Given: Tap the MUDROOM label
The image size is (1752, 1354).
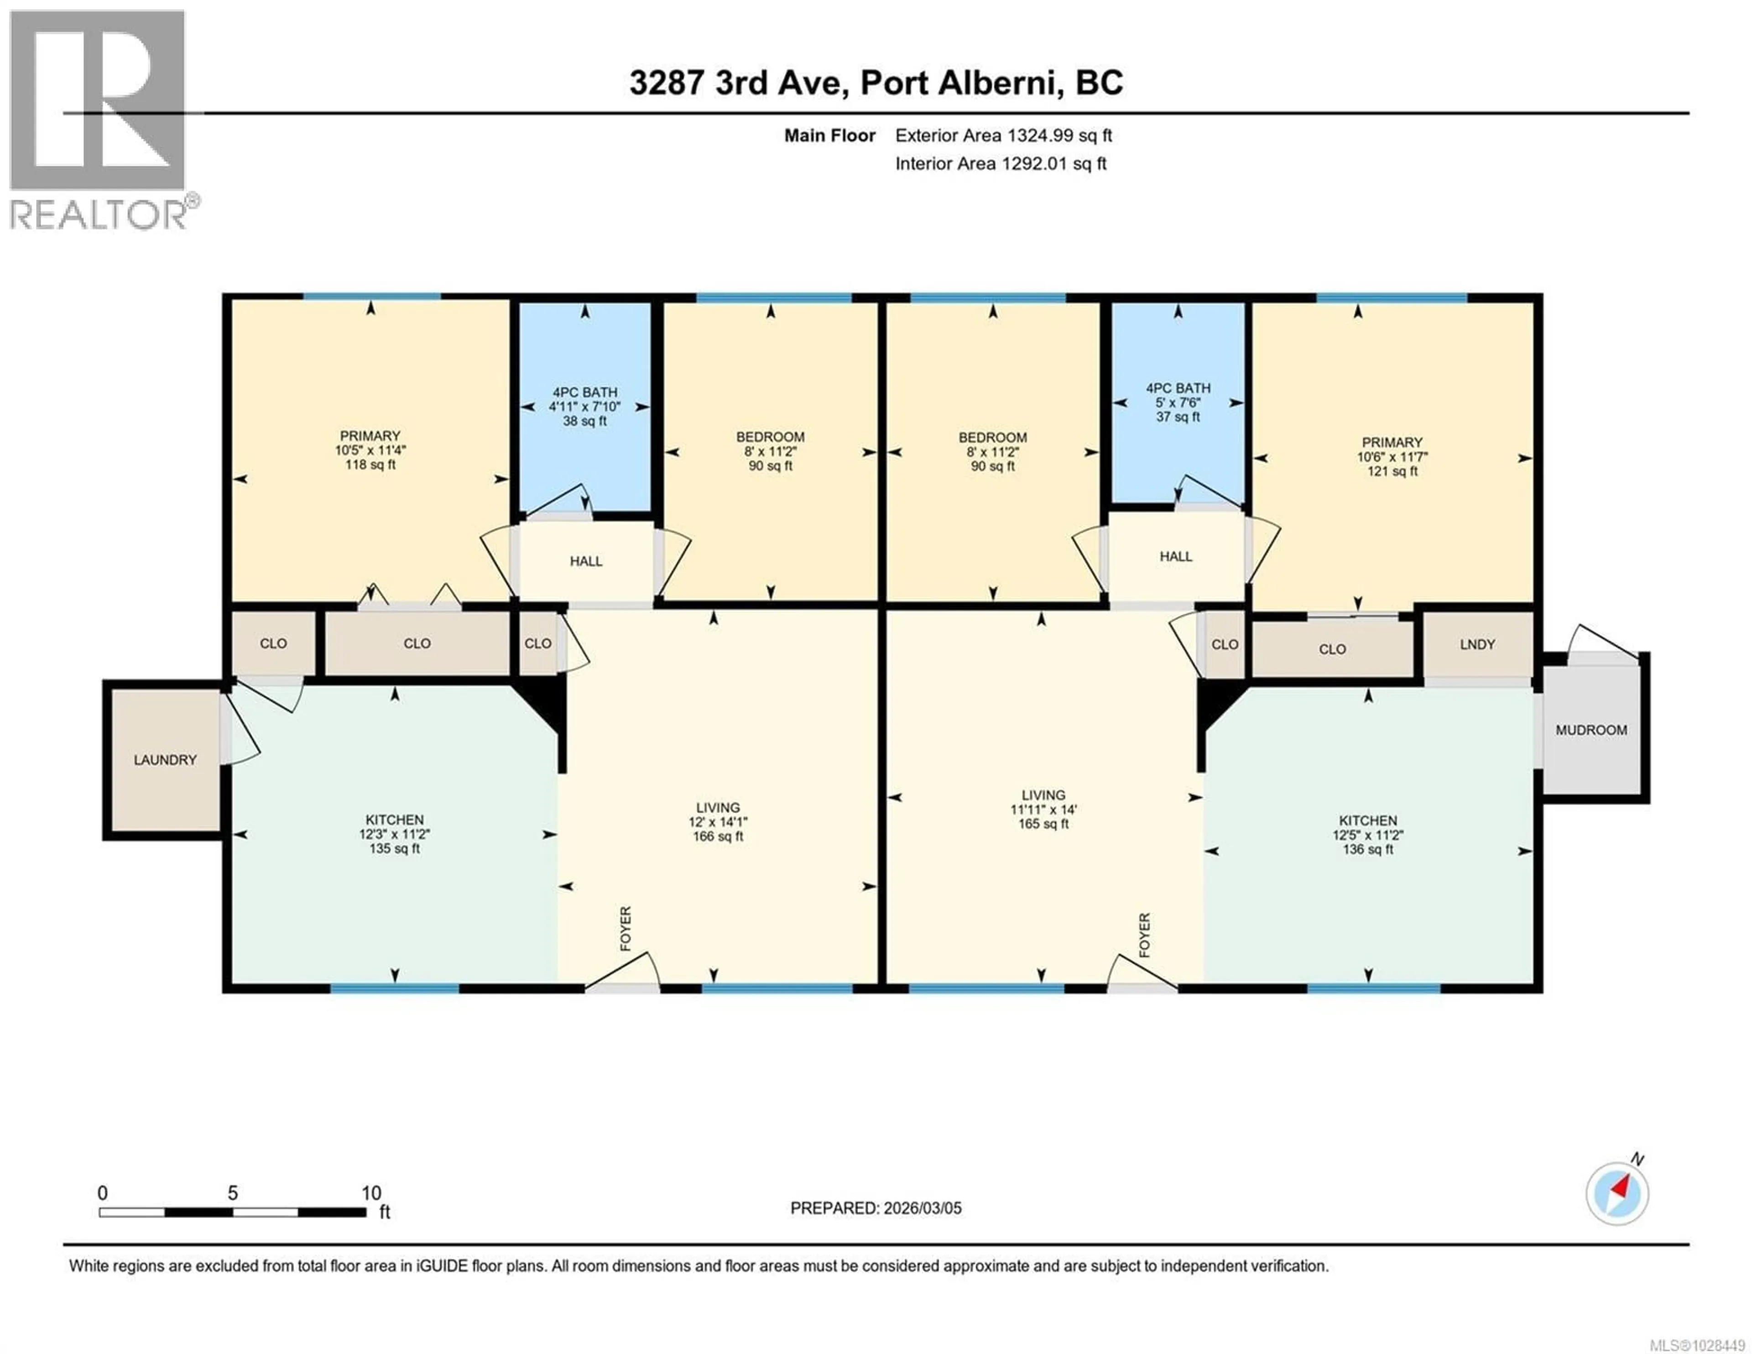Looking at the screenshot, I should point(1591,730).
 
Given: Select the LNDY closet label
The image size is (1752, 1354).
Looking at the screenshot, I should point(1477,644).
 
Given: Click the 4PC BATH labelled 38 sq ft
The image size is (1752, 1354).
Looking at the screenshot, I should point(585,406).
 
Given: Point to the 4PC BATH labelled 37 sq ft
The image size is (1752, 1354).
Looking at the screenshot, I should point(1178,402).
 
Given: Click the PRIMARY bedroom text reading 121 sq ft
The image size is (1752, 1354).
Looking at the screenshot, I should point(1392,471).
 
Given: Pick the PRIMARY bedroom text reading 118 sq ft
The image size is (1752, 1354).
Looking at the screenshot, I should point(370,464).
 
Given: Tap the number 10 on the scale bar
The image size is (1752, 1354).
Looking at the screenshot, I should point(370,1192).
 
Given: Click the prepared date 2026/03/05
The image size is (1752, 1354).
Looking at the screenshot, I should point(921,1208).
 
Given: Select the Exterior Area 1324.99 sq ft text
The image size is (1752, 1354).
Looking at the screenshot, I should point(1003,136).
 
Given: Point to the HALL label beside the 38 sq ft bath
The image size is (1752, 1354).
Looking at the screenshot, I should point(586,561).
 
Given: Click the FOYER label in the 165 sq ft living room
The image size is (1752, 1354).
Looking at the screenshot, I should point(1144,935).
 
